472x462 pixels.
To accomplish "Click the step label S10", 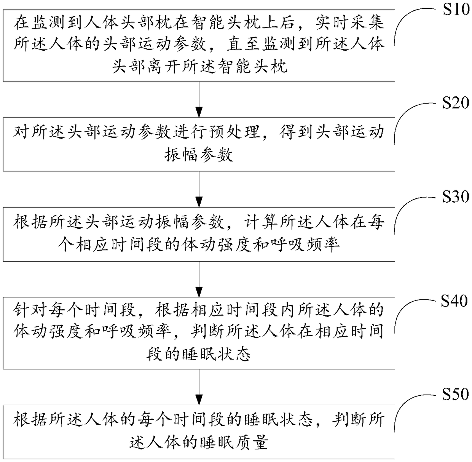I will coord(456,10).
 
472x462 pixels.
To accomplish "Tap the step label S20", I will coord(456,102).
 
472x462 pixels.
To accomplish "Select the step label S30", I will coord(456,197).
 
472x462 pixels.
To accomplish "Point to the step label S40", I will coord(454,301).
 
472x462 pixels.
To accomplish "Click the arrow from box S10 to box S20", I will coord(199,99).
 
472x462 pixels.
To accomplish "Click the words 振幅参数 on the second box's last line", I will coord(199,155).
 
